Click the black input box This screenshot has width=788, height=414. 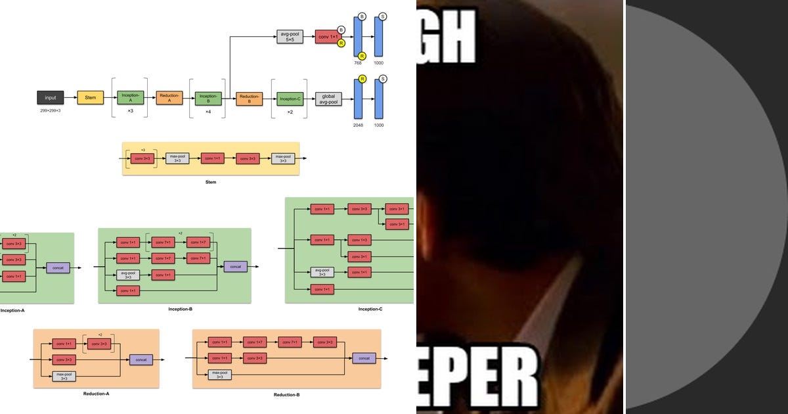coord(51,98)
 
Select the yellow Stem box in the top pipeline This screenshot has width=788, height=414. coord(91,98)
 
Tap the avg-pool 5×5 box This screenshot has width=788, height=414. coord(290,37)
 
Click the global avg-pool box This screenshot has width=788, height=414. coord(328,99)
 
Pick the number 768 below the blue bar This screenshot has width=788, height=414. coord(359,63)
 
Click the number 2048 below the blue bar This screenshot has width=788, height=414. coord(359,125)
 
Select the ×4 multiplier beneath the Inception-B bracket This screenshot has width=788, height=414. coord(208,112)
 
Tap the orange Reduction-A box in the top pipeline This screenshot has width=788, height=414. coord(169,98)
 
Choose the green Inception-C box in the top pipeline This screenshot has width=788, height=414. coord(290,99)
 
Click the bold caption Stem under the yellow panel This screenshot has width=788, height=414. coord(210,182)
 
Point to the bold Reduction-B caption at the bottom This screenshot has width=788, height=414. coord(286,395)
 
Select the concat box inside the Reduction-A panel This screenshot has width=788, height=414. coord(141,359)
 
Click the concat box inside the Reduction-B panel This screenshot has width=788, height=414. coord(364,358)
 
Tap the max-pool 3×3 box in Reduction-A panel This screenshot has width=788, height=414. coord(64,376)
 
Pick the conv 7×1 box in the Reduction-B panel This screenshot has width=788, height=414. coord(290,342)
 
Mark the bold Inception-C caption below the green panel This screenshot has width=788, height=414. coord(370,309)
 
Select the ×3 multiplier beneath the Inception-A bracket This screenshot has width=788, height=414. coord(130,112)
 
